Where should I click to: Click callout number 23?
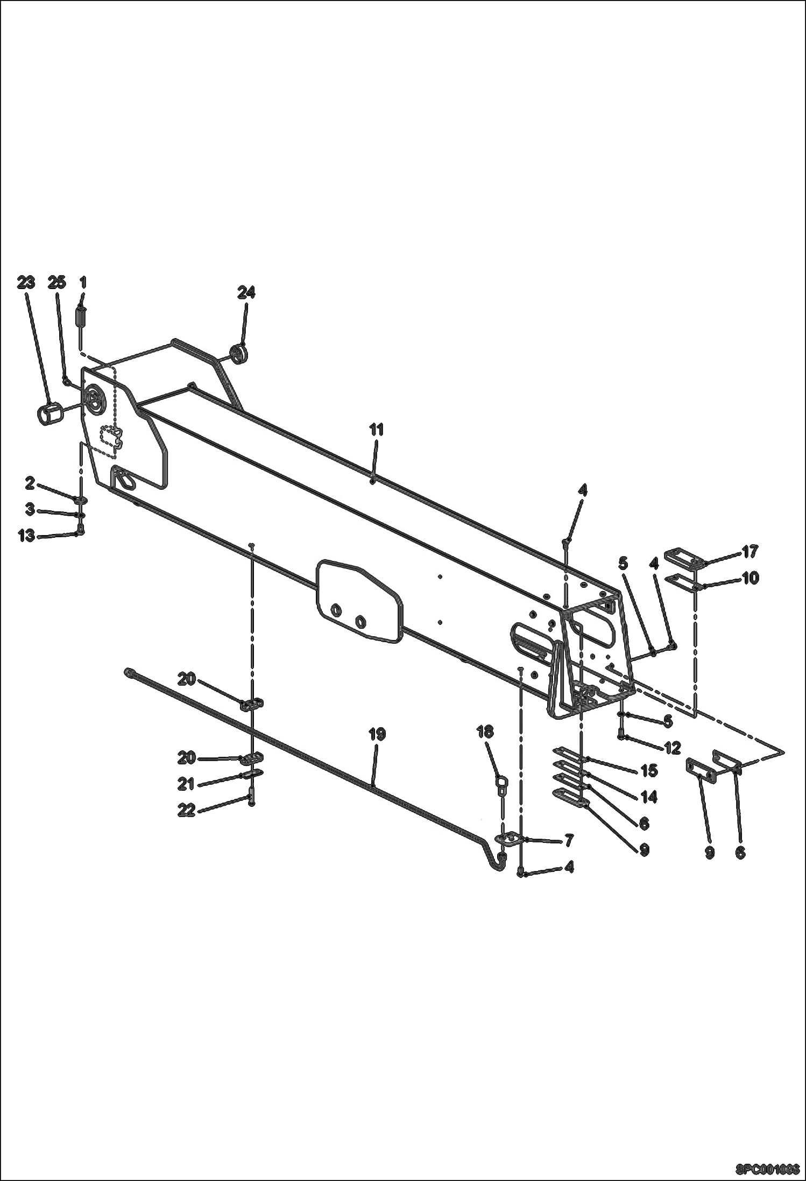click(26, 282)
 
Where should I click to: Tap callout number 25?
click(57, 282)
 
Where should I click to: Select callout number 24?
click(246, 292)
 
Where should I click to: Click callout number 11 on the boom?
click(377, 430)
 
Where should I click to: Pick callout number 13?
click(26, 536)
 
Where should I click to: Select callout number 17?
click(750, 551)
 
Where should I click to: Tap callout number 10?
click(750, 578)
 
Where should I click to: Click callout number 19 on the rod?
click(377, 734)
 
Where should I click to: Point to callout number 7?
click(569, 840)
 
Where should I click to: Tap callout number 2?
click(30, 483)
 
